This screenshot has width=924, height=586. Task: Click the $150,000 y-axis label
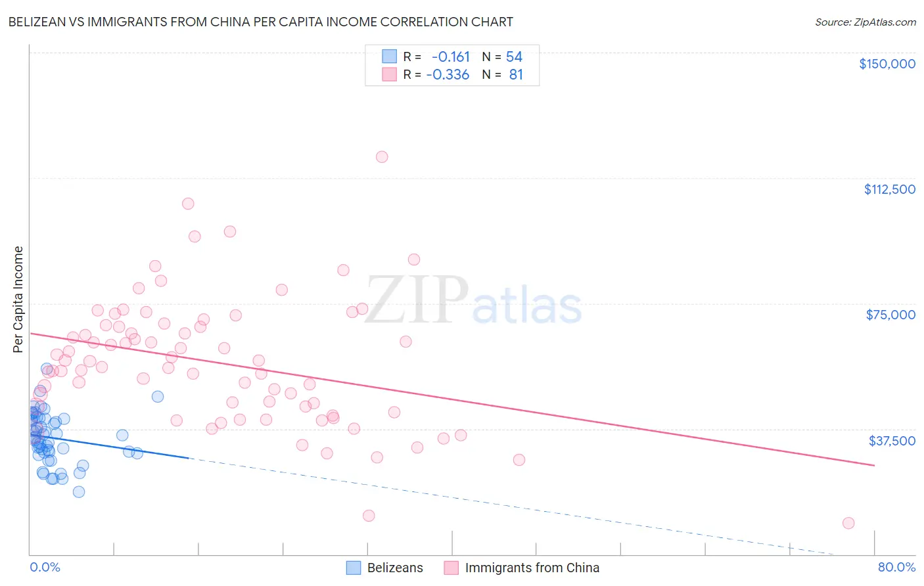887,64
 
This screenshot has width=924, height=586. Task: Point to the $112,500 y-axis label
889,189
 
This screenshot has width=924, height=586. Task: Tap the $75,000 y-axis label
890,315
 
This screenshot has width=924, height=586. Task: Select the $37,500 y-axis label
892,441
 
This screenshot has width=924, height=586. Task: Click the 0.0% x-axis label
45,567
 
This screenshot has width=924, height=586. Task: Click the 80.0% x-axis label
896,567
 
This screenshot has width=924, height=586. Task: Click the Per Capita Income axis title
18,299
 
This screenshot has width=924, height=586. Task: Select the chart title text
260,22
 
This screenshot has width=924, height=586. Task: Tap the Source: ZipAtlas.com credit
865,22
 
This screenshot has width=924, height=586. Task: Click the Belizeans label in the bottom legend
395,568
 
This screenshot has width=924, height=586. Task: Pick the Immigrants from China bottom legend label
532,568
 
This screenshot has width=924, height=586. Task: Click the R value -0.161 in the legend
451,57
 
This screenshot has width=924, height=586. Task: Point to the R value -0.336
448,75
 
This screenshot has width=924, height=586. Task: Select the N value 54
514,57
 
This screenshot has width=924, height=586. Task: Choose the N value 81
516,75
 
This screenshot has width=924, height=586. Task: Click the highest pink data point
382,157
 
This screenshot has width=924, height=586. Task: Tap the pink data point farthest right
848,523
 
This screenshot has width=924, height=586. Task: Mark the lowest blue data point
79,492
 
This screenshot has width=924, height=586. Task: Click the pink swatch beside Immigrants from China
451,568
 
